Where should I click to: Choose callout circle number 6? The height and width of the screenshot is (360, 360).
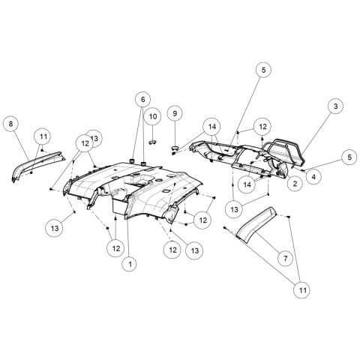[142, 98]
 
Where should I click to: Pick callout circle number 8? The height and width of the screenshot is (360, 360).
[11, 122]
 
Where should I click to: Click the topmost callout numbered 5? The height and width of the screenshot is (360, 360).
[264, 69]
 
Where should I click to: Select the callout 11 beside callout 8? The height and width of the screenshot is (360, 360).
[43, 136]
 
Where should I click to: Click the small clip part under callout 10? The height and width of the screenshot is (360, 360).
[151, 139]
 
